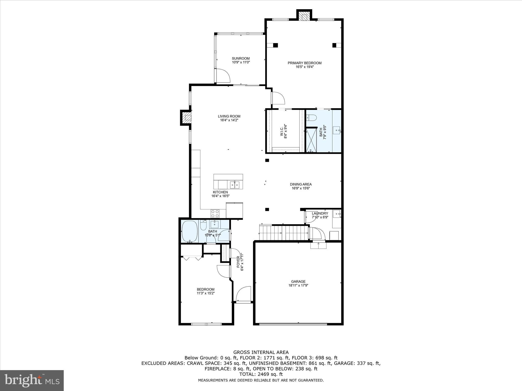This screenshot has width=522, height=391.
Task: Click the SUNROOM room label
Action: [x=241, y=58]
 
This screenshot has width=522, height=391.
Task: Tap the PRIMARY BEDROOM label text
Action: [x=304, y=63]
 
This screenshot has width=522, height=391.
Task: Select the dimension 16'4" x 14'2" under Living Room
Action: [x=229, y=120]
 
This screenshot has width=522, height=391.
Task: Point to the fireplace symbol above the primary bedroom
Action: [x=304, y=17]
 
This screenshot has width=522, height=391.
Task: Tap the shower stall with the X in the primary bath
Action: [x=311, y=140]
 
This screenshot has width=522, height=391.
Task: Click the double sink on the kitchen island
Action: [x=234, y=185]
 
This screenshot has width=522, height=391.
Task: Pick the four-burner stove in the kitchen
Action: [x=215, y=213]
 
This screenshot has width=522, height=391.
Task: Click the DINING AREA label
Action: [x=301, y=184]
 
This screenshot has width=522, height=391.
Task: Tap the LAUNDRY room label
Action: [x=320, y=213]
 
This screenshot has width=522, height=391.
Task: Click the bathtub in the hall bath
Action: [x=189, y=231]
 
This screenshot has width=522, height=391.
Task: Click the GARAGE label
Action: [x=298, y=281]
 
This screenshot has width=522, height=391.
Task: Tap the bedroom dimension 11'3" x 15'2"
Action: [x=205, y=293]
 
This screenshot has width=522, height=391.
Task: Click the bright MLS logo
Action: [x=32, y=380]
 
